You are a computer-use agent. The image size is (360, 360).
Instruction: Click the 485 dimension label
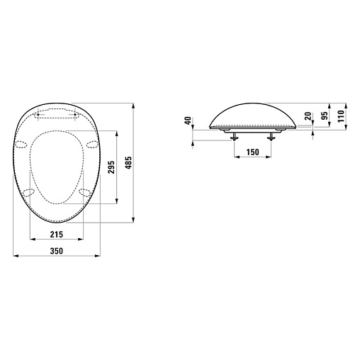128,162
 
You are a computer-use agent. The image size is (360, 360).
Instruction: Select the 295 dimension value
111,167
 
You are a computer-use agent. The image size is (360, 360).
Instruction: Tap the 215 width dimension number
57,235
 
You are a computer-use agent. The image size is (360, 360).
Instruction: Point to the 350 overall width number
57,251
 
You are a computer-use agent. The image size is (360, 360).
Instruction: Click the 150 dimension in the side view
253,152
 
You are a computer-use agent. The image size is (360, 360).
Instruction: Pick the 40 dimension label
188,121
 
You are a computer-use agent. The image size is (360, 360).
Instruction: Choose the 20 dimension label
308,116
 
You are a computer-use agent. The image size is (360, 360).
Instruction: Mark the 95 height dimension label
325,116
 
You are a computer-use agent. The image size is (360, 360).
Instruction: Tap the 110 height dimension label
341,116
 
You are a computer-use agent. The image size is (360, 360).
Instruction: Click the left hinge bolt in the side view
235,137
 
